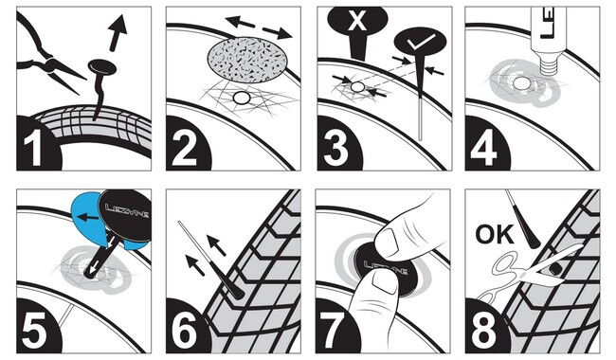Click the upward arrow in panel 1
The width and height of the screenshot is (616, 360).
point(118,32)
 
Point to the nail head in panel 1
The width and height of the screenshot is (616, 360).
point(102,67)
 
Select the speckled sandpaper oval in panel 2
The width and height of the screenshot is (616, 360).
point(247,60)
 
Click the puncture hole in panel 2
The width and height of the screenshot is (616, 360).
point(242,98)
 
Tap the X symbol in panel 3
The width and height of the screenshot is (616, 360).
point(357,20)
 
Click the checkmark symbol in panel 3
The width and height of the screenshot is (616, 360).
point(421,42)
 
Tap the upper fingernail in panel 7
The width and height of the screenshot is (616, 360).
point(388,241)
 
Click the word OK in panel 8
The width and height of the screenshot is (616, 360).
point(494,234)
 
